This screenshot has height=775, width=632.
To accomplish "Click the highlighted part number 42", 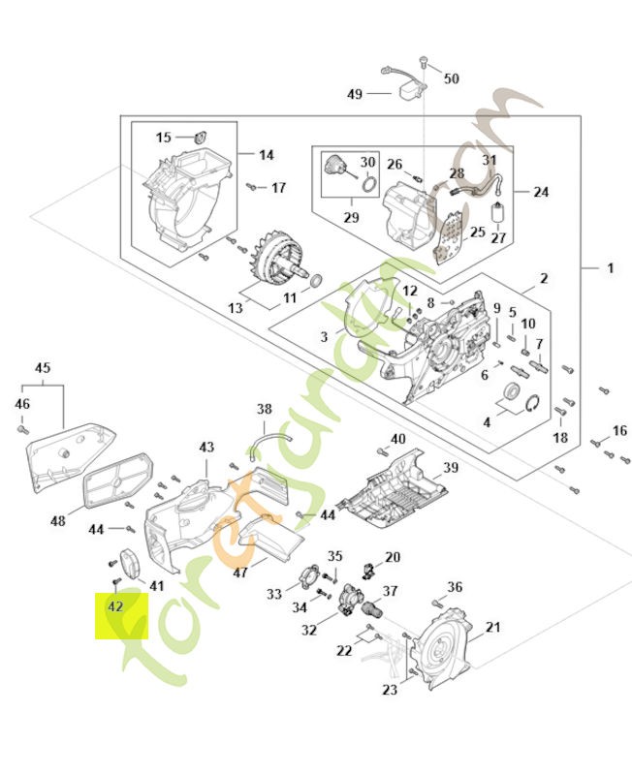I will [115, 607].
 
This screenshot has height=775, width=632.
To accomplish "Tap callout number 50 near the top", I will [452, 77].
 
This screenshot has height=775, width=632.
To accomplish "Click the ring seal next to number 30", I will [369, 181].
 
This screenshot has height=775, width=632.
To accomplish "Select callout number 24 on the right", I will [541, 192].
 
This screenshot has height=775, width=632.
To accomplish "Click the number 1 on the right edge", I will [610, 266].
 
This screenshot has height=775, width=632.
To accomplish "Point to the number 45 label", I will [42, 368].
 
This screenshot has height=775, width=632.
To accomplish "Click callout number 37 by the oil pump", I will [391, 591].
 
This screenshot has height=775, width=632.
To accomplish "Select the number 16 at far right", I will [619, 431].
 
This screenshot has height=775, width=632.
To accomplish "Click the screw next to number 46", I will [22, 427].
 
